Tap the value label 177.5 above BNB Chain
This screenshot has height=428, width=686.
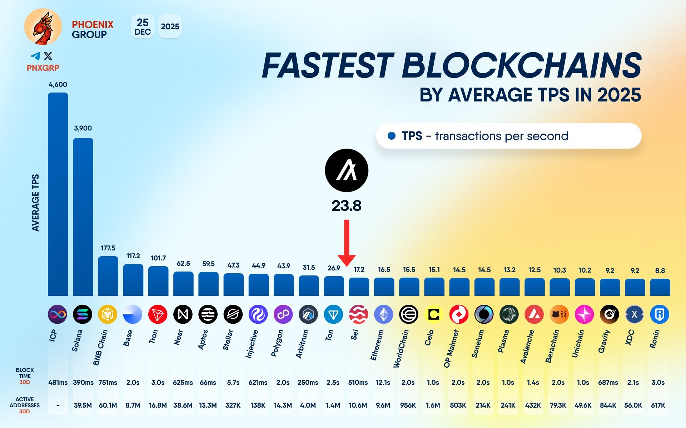(108, 248)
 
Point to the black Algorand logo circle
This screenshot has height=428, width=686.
(347, 170)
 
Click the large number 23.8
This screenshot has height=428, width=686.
(347, 206)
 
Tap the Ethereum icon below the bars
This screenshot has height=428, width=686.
(384, 314)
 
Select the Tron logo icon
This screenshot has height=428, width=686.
(158, 314)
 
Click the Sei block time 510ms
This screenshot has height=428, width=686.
(358, 382)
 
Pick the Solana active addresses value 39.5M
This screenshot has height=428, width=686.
(83, 405)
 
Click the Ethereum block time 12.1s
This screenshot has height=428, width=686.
(383, 382)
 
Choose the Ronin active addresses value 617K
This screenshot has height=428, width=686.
(658, 405)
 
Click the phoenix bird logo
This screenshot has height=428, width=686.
(43, 27)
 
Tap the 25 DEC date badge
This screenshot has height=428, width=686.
(143, 27)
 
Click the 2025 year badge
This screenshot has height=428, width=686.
(170, 27)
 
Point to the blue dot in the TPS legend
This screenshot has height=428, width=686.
(392, 136)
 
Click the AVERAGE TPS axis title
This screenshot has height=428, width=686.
(35, 203)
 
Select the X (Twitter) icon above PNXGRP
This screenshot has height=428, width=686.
(48, 56)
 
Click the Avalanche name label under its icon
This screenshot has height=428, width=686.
(527, 347)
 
